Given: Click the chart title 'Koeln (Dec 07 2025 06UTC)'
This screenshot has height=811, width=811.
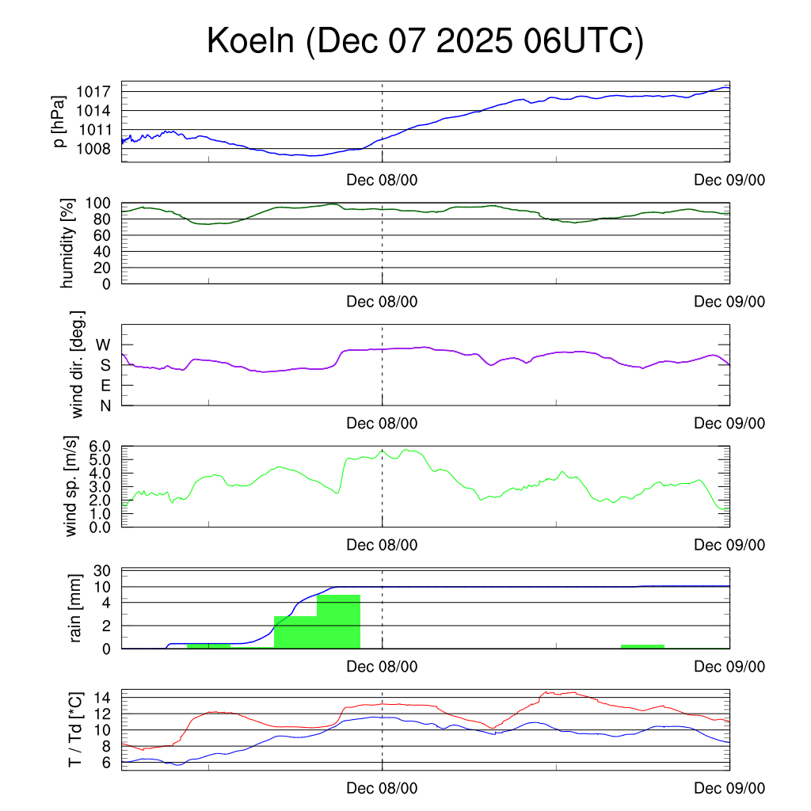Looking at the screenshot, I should (x=425, y=41).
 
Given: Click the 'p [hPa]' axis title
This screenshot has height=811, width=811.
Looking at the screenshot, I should (x=58, y=122).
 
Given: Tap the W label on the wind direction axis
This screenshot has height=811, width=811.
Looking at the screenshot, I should (x=104, y=345).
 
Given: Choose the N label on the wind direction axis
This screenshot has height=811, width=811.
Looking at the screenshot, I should (x=105, y=405).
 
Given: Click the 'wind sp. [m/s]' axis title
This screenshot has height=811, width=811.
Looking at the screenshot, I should (x=71, y=487).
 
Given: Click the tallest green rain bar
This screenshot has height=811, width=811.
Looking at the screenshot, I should (x=338, y=622).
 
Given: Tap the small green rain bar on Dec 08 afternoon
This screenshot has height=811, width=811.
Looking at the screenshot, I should (x=642, y=646).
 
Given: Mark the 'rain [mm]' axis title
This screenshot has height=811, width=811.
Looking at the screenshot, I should (x=76, y=608).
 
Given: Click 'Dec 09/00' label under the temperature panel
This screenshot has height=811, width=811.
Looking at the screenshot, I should (x=729, y=788).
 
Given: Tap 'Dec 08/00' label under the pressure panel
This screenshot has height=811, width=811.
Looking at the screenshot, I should (x=382, y=180).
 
